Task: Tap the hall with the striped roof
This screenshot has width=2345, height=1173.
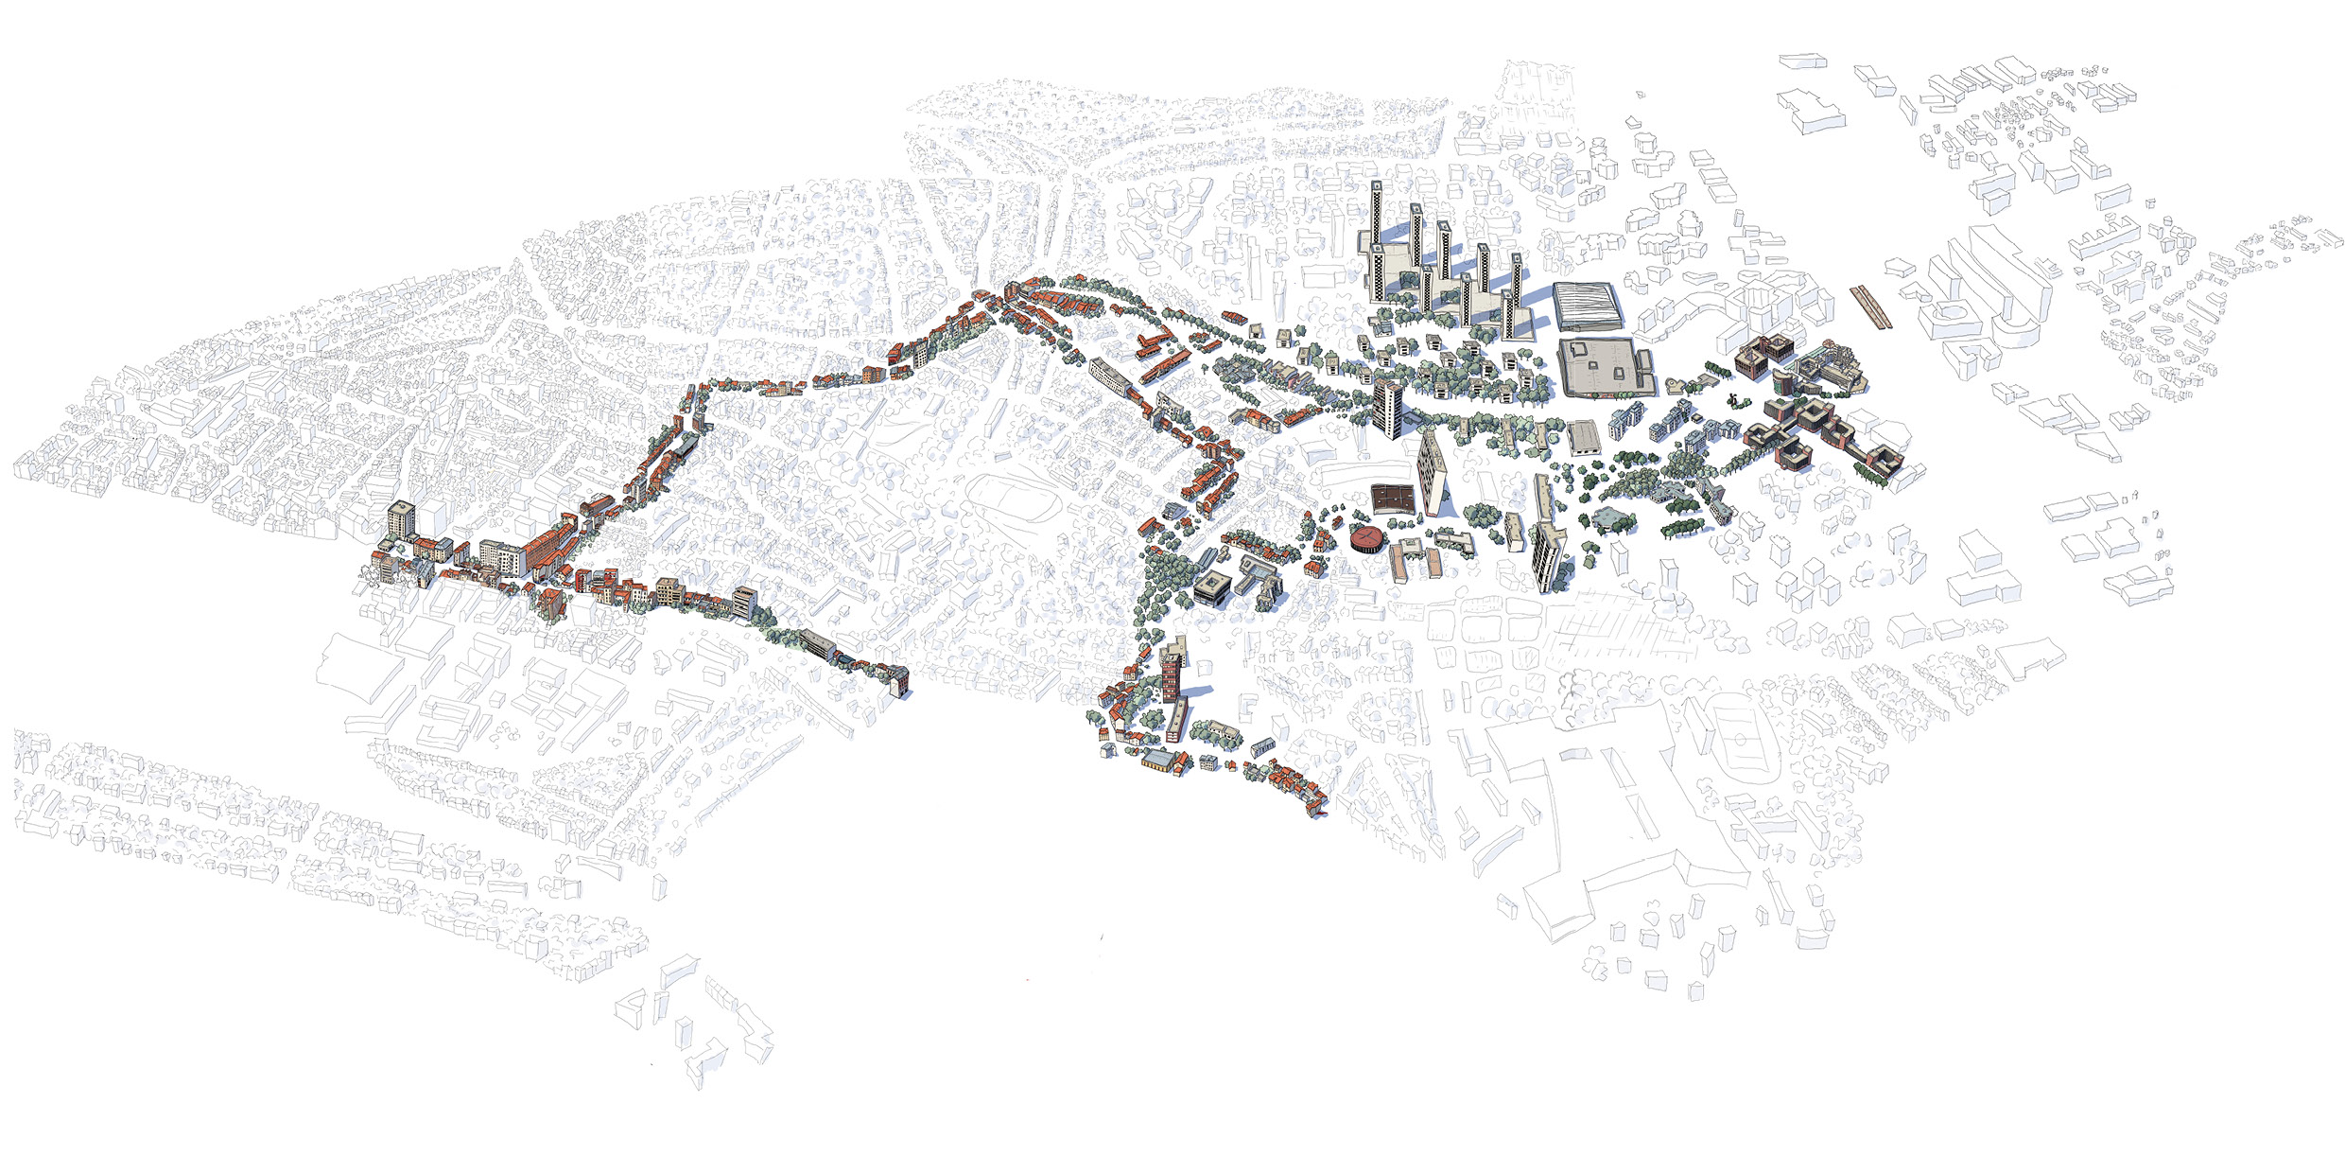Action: pos(1586,306)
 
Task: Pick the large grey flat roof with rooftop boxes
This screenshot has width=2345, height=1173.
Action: pos(1605,366)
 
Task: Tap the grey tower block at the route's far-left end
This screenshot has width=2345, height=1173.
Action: pos(402,521)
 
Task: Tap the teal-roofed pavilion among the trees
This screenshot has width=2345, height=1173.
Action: pos(1614,517)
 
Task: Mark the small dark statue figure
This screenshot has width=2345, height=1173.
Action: pos(1732,398)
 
